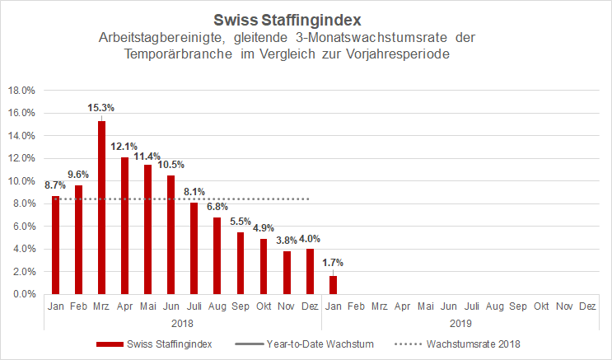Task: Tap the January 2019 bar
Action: [x=333, y=284]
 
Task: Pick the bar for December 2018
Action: [x=310, y=271]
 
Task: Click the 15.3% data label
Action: [x=102, y=108]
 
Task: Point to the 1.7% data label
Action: [x=333, y=263]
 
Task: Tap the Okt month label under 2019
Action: [x=540, y=306]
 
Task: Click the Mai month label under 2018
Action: [x=148, y=306]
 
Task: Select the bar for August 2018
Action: [x=217, y=255]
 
